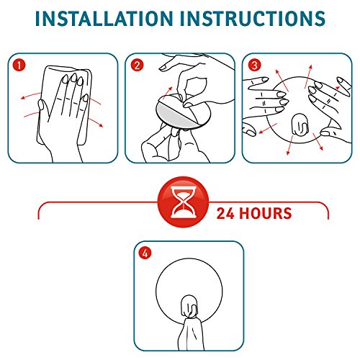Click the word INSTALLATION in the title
coord(104,19)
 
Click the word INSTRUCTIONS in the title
coord(253,19)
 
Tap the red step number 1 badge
coord(19,65)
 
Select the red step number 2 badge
coord(137,66)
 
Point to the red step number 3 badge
coord(254,65)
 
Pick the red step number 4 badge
coord(145,253)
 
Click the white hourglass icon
coord(183,202)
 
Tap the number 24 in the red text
coord(225,213)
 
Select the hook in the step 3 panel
coord(300,125)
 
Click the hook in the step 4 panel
coord(189,306)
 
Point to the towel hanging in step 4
coord(192,333)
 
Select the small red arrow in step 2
coord(167,92)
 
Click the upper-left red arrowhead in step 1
coord(23,97)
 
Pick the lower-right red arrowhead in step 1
coord(101,125)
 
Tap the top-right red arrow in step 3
coord(308,76)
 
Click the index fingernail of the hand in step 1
coord(65,78)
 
